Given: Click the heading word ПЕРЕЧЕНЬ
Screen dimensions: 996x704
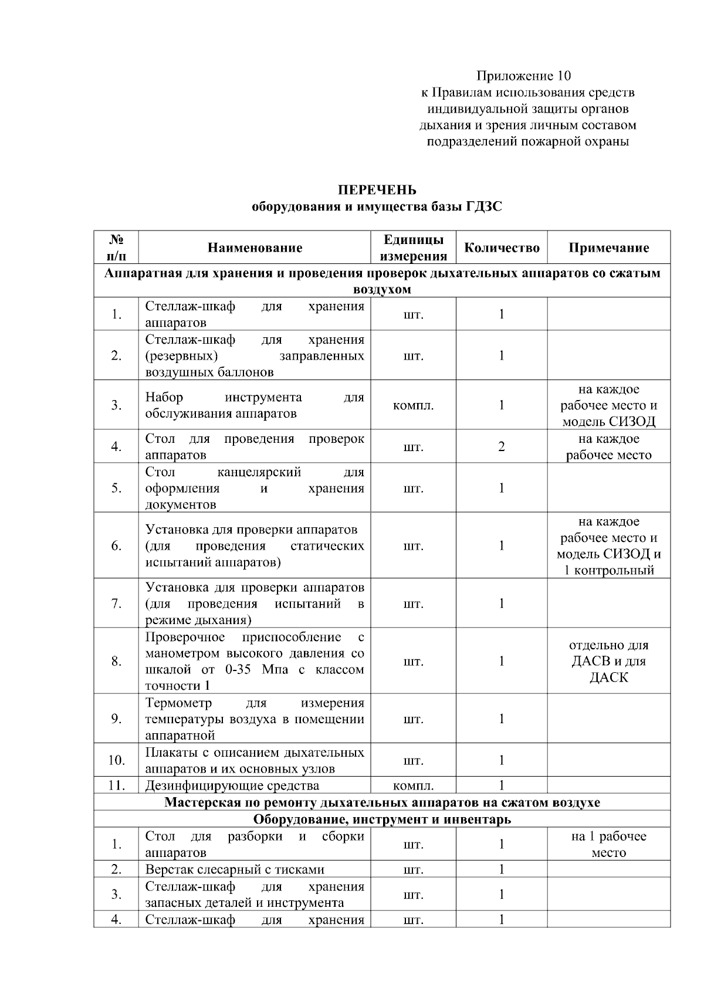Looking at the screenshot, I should coord(377,190).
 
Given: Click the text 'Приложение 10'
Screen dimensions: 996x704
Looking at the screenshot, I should coord(523,76).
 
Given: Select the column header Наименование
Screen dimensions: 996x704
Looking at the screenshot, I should coord(255,248).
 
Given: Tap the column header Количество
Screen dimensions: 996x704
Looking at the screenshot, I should coord(502,248).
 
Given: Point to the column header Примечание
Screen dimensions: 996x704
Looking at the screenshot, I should coord(608,248).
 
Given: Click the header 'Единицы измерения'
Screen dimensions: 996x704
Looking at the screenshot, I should coord(414,248).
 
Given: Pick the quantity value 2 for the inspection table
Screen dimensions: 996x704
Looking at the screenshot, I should coord(502,447).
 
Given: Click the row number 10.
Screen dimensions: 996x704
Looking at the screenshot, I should coord(116,760).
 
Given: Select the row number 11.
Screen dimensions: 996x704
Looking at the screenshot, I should coord(116,785).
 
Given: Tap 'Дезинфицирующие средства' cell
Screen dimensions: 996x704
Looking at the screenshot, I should coord(232,785).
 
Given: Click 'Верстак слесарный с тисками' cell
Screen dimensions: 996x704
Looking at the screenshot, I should coord(235,869).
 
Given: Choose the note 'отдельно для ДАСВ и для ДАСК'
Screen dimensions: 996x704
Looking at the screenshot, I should coord(608,661).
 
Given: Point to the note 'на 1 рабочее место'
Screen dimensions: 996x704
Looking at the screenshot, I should coord(608,845).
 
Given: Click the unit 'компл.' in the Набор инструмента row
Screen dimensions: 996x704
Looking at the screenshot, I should coord(414,405).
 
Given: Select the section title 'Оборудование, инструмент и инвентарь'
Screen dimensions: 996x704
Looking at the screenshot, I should coord(382,819).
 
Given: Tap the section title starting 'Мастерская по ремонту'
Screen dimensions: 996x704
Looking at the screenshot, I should coord(382,802).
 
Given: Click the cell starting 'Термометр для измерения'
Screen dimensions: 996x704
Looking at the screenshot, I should coord(255,719).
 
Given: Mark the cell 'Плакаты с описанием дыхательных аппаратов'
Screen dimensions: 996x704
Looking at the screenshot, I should coord(255,760).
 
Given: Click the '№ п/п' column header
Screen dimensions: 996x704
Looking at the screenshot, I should coord(116,248).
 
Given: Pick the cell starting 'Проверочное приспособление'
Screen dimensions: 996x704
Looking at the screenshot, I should coord(255,661).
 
